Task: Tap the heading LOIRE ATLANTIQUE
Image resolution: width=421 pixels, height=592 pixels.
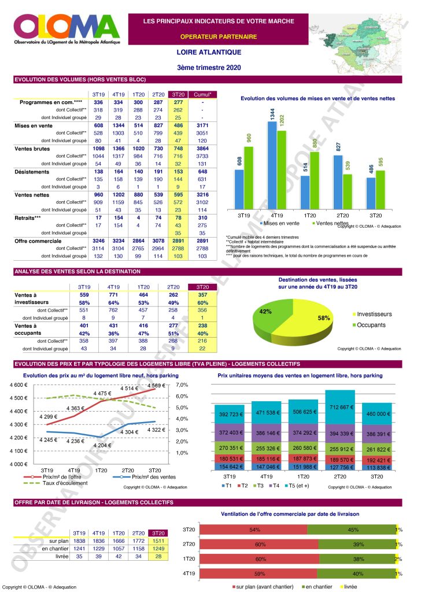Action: point(209,52)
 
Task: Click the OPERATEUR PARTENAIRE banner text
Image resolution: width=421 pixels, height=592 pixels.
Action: point(210,36)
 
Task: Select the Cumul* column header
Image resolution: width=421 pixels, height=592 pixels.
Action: point(202,94)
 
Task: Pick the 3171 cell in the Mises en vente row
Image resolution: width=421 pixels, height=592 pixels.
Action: point(202,125)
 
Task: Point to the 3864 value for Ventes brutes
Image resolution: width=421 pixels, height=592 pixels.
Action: point(202,148)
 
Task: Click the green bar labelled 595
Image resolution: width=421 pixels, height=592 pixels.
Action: point(381,189)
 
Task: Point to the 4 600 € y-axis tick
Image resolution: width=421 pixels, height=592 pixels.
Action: point(17,385)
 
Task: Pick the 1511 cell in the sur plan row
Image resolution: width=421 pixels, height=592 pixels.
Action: point(158,541)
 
